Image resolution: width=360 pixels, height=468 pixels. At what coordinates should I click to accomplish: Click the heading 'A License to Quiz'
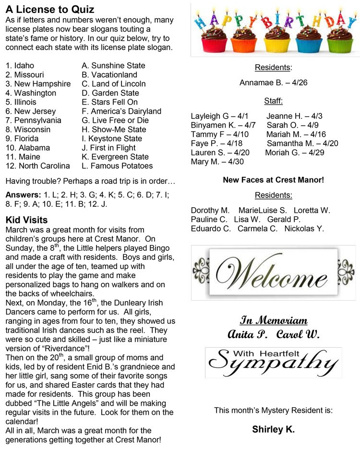point(50,10)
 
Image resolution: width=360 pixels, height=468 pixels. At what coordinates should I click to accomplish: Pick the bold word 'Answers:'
point(23,195)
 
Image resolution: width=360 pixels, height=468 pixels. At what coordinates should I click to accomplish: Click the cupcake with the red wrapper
point(214,41)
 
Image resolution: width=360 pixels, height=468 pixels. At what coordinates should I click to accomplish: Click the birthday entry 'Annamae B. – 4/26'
point(274,83)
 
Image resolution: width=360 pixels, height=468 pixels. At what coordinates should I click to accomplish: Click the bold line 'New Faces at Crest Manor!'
point(274,180)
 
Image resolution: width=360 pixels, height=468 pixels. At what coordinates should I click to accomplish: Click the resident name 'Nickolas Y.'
point(304,229)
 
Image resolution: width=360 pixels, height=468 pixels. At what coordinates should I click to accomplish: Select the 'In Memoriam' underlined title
point(274,321)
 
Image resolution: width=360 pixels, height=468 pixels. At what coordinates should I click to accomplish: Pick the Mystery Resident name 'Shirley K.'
point(274,429)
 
